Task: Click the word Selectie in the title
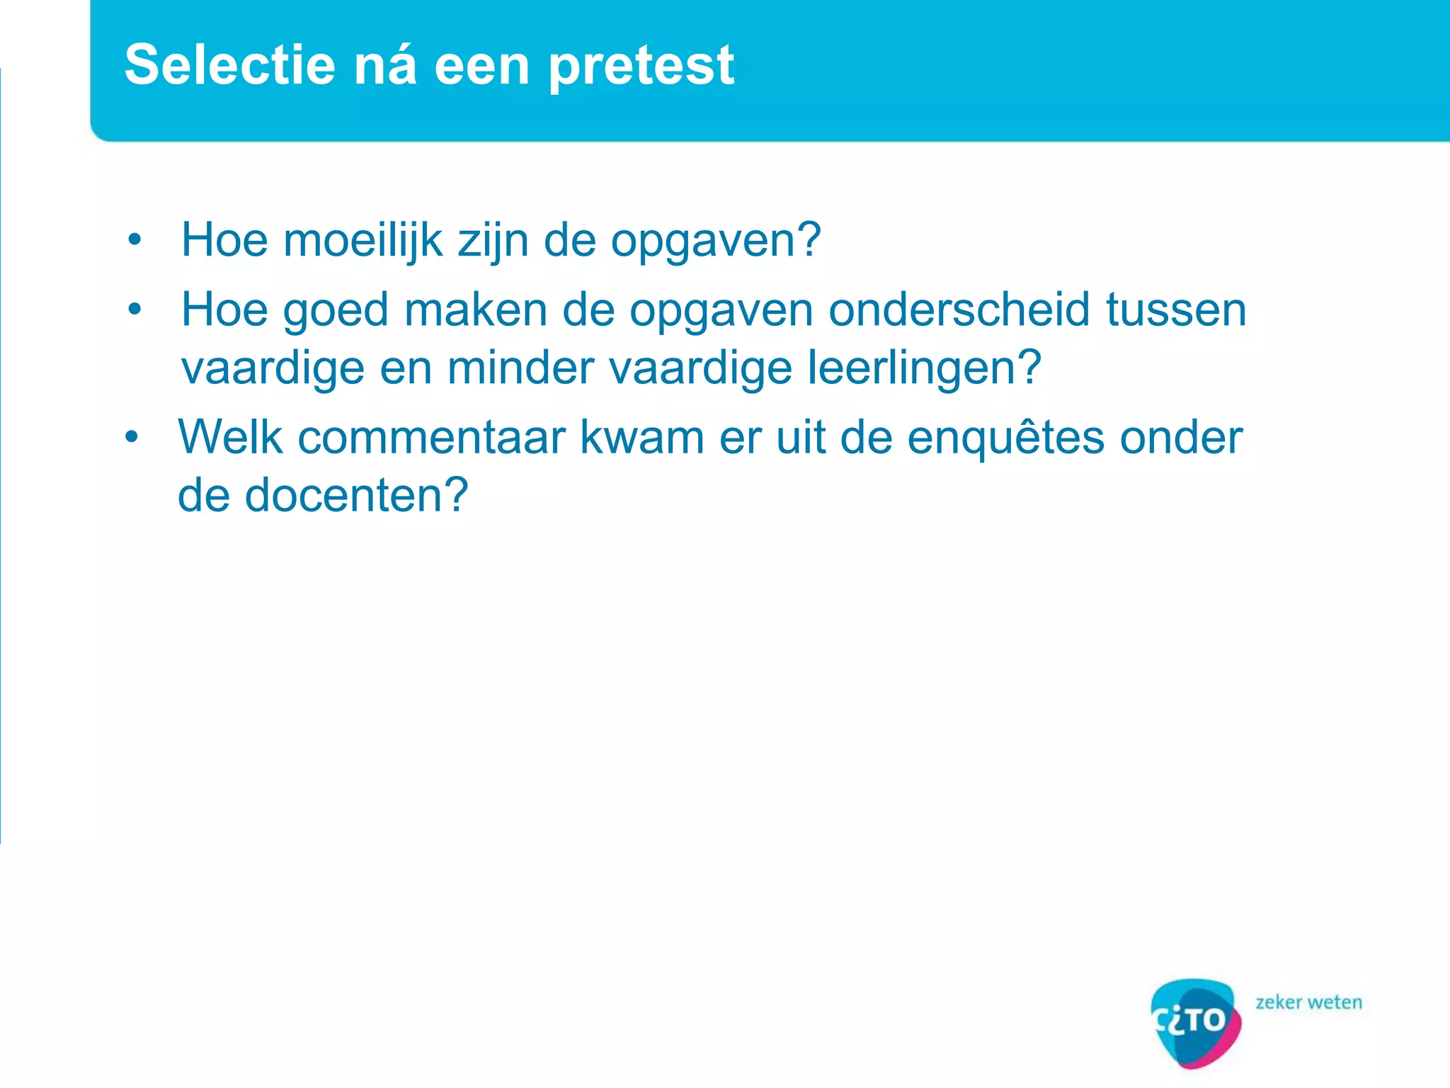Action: (x=229, y=64)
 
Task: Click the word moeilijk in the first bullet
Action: (x=362, y=240)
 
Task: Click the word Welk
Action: (x=230, y=437)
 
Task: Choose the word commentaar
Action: (x=431, y=437)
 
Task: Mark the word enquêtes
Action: (x=1005, y=438)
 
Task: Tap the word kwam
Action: (x=642, y=437)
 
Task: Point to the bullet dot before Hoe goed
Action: (x=135, y=310)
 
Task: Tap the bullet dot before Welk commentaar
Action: (x=132, y=437)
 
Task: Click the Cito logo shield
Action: (x=1195, y=1021)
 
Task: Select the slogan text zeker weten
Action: (x=1308, y=1002)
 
